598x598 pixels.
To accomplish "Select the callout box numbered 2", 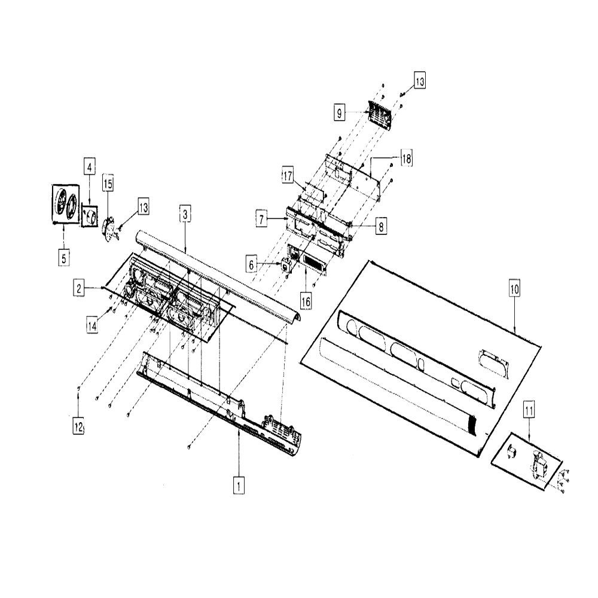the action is (x=79, y=288).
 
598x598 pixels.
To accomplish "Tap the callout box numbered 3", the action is (x=185, y=214).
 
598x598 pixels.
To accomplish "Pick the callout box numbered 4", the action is (x=90, y=167).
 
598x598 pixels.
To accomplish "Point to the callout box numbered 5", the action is (x=64, y=258).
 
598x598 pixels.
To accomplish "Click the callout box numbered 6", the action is (x=251, y=265).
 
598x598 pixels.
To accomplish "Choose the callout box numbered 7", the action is (x=261, y=219).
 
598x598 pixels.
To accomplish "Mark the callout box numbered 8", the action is (x=381, y=226).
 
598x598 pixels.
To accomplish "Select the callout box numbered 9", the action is (x=340, y=112).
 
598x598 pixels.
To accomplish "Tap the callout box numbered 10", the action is (x=514, y=289).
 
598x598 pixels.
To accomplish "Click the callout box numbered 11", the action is (x=529, y=410).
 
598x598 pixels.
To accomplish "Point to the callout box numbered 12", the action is (x=78, y=426).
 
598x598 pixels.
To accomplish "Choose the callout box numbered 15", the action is (x=108, y=184).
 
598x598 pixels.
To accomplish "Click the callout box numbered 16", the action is (x=306, y=301).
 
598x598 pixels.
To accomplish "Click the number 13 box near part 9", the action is (x=420, y=81).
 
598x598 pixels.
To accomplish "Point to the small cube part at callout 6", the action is (x=285, y=264).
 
